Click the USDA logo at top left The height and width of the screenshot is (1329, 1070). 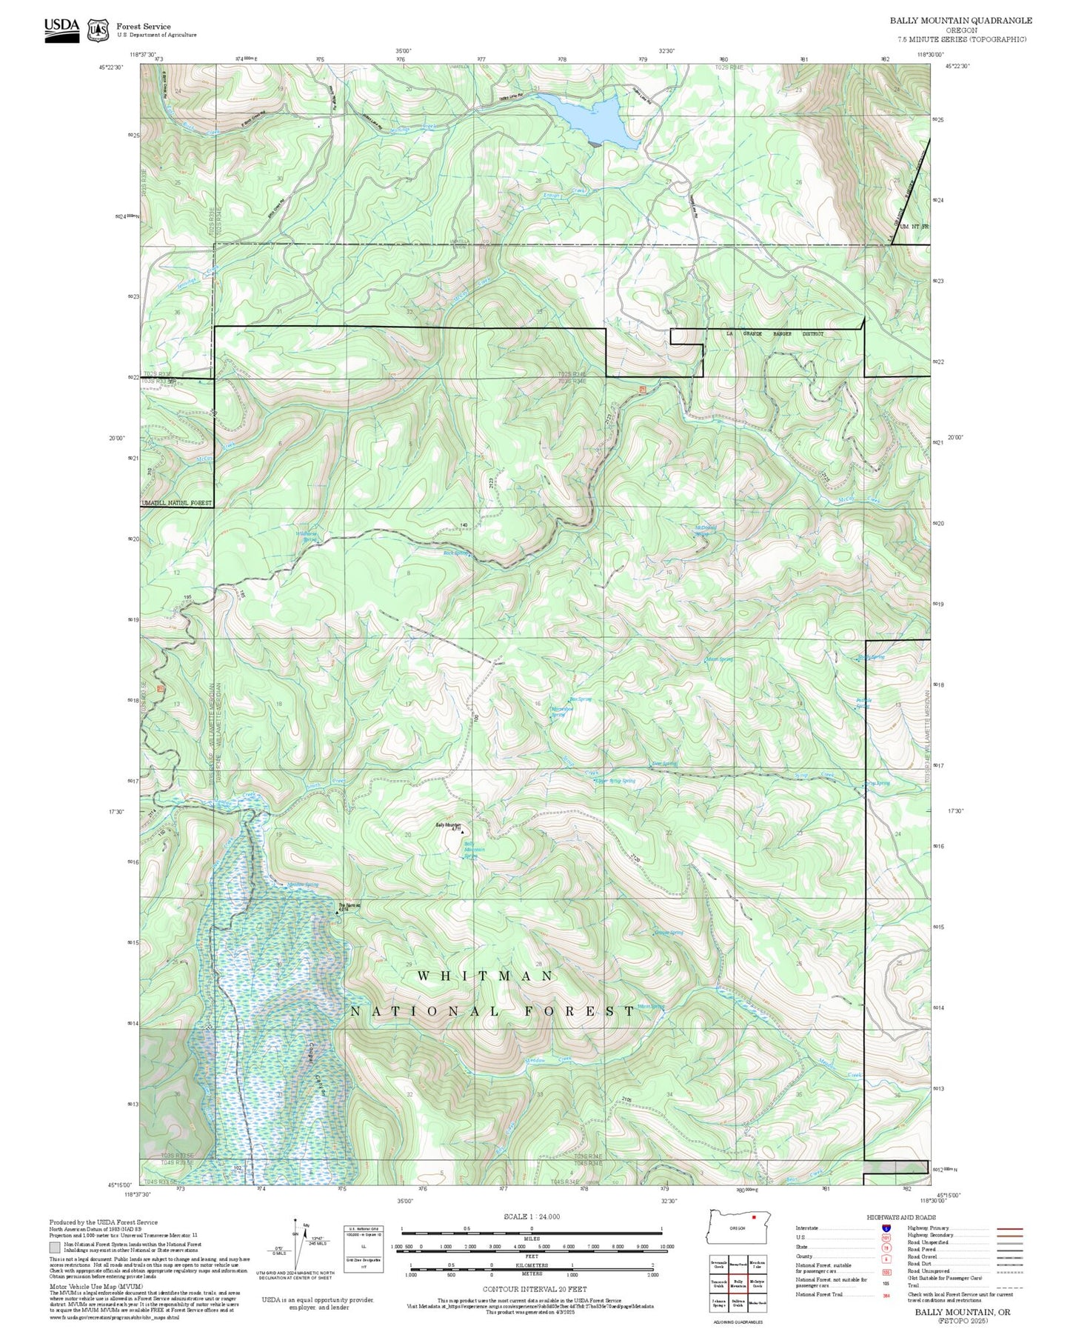click(x=61, y=29)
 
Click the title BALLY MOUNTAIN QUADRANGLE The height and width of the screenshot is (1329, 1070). click(x=960, y=20)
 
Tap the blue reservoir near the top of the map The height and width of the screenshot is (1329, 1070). click(x=595, y=118)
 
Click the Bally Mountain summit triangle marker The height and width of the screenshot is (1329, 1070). click(x=462, y=831)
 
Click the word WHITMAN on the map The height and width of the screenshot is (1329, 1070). click(x=485, y=976)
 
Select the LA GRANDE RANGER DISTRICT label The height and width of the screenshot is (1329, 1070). click(x=774, y=333)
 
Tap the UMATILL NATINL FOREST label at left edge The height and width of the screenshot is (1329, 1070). click(x=176, y=503)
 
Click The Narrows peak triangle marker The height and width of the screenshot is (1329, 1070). click(x=337, y=912)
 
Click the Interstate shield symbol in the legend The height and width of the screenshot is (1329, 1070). click(x=886, y=1228)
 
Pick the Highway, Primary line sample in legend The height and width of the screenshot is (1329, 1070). click(x=1009, y=1228)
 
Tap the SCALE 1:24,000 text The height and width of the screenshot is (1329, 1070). click(x=531, y=1216)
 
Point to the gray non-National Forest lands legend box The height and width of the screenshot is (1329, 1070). click(x=55, y=1248)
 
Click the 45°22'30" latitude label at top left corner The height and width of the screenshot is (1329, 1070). click(x=110, y=67)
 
